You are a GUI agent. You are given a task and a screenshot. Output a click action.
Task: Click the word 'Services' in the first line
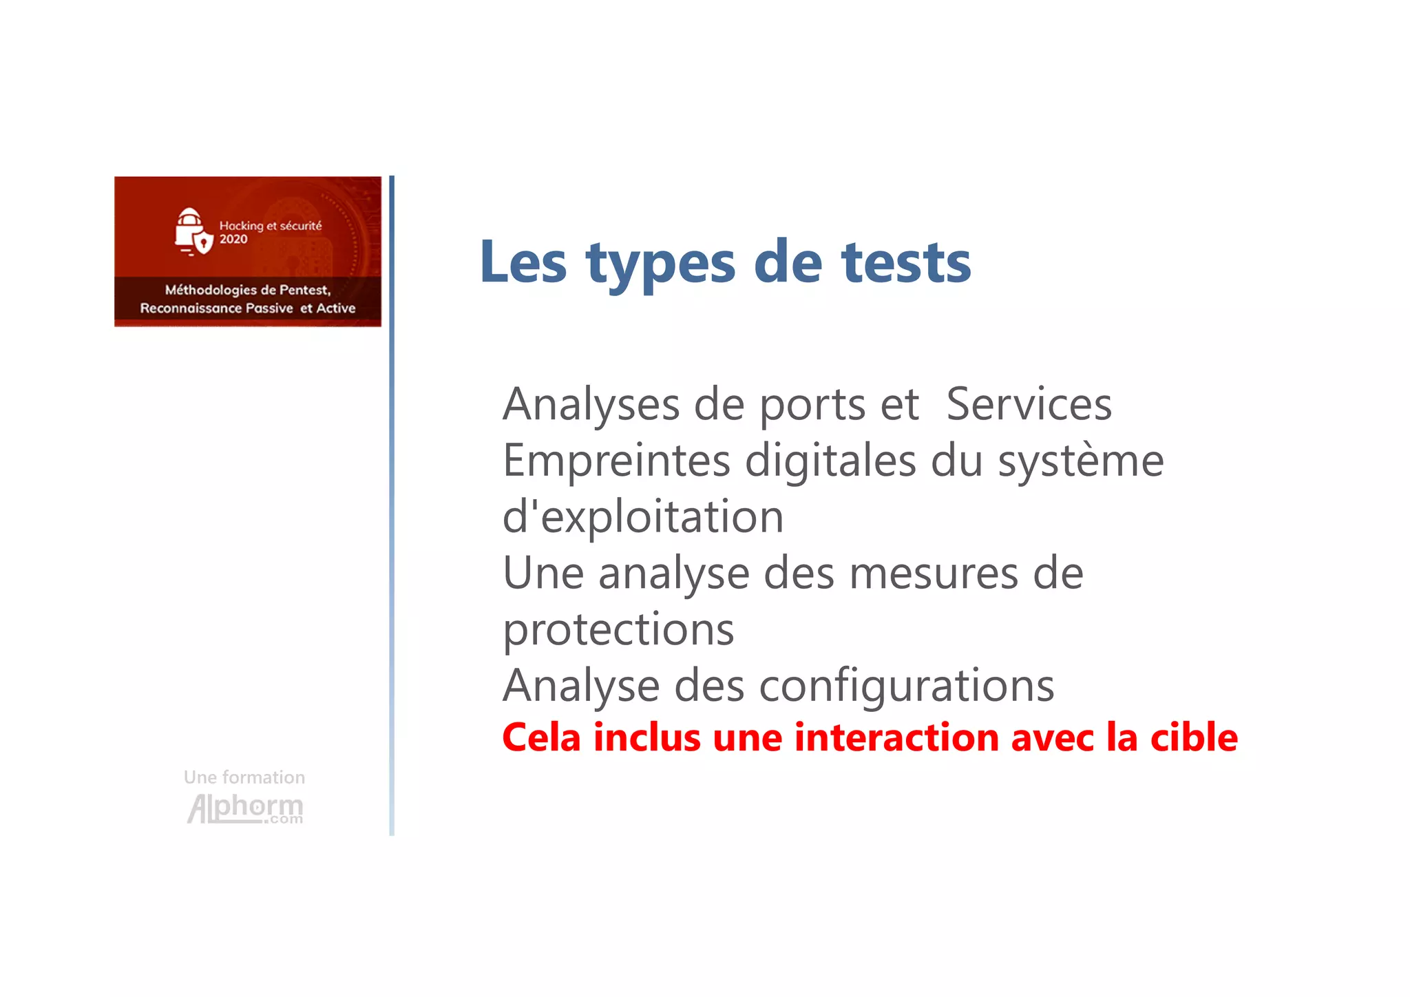[1029, 404]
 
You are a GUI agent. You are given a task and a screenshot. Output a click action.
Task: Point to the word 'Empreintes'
[616, 461]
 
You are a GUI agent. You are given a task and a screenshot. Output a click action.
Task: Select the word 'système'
[1080, 461]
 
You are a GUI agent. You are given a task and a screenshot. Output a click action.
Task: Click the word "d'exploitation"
[643, 518]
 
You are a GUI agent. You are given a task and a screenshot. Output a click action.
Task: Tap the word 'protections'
[618, 631]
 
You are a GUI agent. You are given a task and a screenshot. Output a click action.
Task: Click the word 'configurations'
[906, 686]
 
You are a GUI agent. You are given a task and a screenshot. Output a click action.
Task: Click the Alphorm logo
[245, 808]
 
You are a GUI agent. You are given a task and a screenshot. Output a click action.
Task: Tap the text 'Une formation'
[244, 777]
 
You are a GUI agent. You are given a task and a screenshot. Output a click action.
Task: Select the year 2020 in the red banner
[233, 240]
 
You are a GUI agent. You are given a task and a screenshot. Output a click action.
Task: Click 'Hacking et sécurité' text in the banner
[270, 226]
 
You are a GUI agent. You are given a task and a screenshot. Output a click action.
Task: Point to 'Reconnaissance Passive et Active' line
[248, 308]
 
